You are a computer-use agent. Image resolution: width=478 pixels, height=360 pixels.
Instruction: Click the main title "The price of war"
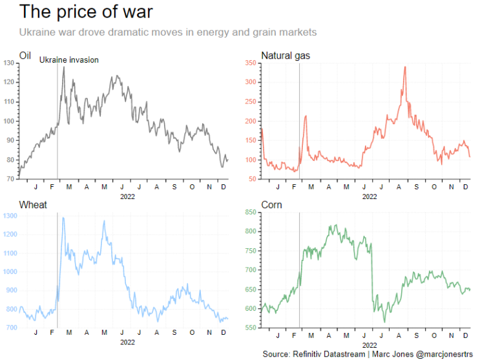pos(86,12)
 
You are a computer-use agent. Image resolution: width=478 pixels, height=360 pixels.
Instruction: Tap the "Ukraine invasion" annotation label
pos(69,60)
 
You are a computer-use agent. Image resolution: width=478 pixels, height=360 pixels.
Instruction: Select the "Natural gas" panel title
pos(286,56)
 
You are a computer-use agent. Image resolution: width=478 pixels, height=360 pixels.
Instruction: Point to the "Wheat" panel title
pos(33,205)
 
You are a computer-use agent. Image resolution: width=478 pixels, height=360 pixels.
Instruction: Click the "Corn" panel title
pos(271,205)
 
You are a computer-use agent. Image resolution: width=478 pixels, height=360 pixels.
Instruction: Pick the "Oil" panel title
pos(25,56)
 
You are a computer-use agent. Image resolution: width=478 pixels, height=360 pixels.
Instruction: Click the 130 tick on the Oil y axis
pos(9,63)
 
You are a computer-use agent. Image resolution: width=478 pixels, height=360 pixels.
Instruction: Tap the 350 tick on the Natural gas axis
pos(251,63)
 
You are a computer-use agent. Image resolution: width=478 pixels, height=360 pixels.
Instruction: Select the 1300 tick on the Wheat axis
pos(10,216)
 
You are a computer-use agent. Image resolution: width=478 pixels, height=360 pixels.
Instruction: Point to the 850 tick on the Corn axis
pos(251,213)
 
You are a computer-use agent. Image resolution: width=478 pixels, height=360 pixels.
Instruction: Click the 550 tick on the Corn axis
pos(251,328)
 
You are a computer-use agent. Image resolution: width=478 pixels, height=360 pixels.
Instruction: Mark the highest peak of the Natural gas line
pos(405,67)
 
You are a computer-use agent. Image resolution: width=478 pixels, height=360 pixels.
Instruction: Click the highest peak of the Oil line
pos(64,67)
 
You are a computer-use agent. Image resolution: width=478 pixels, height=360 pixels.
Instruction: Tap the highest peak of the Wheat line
pos(63,218)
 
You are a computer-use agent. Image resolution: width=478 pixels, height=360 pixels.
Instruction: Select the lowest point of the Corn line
pos(385,322)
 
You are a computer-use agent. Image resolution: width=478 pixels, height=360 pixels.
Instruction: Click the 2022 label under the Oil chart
pos(127,196)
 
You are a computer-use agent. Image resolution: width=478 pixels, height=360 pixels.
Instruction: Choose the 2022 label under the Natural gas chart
pos(369,196)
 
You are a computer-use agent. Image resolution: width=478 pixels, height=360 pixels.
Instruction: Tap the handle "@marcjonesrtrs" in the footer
pos(444,354)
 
